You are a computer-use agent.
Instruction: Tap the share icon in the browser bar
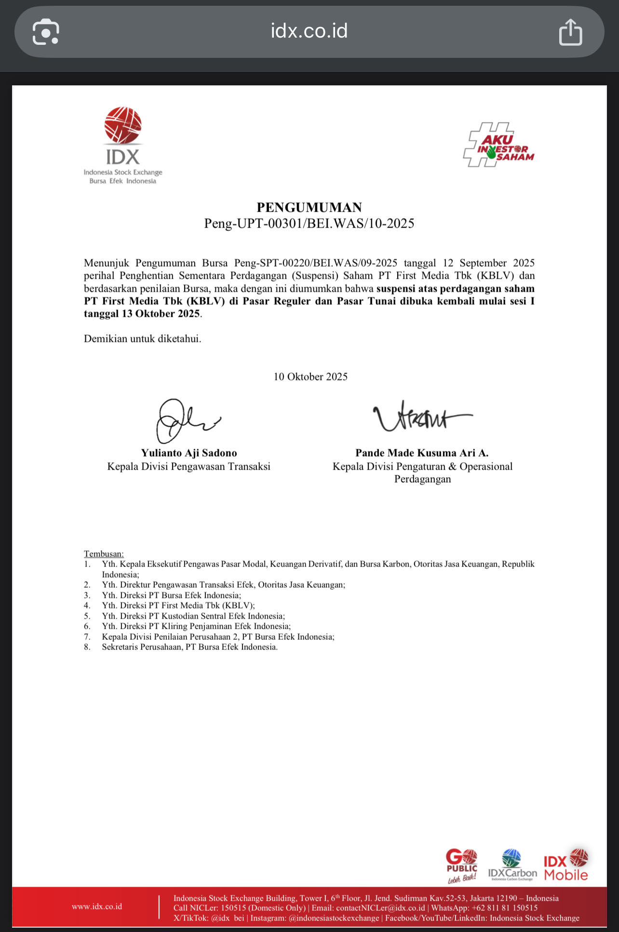pos(570,32)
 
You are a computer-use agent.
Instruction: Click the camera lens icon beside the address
pos(46,32)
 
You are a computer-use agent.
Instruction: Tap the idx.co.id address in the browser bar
pos(309,31)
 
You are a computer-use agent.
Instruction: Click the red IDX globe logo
pos(123,125)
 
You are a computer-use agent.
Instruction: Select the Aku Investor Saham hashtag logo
pos(498,145)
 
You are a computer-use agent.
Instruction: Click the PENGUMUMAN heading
pos(309,207)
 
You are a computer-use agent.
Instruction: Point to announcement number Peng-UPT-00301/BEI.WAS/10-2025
pos(309,223)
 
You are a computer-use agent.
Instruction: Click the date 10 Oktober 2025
pos(310,377)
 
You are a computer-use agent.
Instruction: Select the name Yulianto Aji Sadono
pos(189,453)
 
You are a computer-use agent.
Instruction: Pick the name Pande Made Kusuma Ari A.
pos(422,453)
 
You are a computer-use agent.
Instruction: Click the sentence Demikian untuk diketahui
pos(142,338)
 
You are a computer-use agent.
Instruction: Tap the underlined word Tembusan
pos(104,554)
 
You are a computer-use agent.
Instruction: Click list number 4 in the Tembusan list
pos(87,606)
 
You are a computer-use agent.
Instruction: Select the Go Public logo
pos(461,865)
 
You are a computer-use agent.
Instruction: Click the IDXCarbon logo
pos(512,865)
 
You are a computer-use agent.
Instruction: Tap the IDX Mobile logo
pos(566,865)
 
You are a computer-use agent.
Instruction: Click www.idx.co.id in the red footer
pos(97,906)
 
